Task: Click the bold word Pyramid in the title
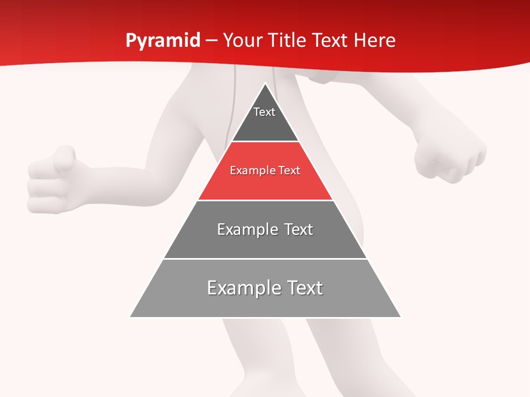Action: pyautogui.click(x=162, y=41)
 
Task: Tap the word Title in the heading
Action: pyautogui.click(x=286, y=40)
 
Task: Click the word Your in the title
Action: pyautogui.click(x=242, y=40)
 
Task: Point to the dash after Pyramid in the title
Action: pyautogui.click(x=211, y=41)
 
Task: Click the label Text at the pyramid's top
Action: pyautogui.click(x=264, y=112)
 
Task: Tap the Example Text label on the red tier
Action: pyautogui.click(x=265, y=170)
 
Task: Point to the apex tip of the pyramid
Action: pyautogui.click(x=265, y=84)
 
